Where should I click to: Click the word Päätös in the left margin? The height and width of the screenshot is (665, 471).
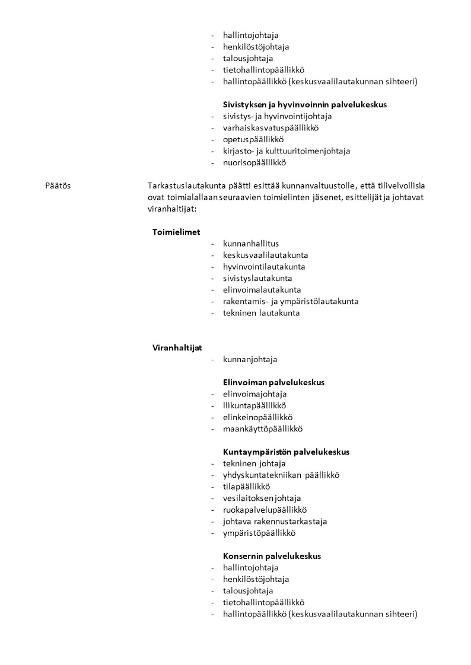tap(58, 186)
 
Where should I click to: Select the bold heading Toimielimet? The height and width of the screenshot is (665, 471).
tap(176, 232)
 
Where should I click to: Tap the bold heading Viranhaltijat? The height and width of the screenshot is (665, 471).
tap(177, 347)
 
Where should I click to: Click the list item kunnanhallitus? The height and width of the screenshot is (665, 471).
tap(251, 244)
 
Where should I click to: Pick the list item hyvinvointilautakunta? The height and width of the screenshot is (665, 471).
tap(264, 267)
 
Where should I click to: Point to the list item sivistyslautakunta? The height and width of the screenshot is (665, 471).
tap(257, 278)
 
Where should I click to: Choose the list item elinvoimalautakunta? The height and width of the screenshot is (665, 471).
tap(262, 290)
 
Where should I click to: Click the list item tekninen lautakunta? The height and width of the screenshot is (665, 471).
tap(261, 313)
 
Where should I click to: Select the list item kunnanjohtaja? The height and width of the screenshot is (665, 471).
tap(250, 359)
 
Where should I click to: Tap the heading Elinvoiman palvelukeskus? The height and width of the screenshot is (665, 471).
tap(273, 382)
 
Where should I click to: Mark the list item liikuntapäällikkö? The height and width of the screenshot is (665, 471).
tap(254, 405)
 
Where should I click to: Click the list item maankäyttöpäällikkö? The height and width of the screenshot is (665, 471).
tap(263, 429)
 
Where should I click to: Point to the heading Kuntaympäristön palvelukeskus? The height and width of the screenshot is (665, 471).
tap(286, 452)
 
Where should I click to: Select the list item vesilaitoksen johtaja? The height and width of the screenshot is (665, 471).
tap(262, 498)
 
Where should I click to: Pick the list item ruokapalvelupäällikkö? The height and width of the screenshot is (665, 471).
tap(265, 510)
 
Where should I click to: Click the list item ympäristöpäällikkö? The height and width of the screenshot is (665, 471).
tap(259, 533)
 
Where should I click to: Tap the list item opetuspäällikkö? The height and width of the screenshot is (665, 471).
tap(253, 139)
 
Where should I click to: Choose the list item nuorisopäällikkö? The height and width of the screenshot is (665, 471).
tap(254, 162)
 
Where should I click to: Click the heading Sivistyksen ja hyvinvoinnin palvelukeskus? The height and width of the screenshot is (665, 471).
tap(305, 104)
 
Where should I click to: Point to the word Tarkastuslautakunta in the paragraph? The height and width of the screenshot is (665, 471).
tap(186, 186)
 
